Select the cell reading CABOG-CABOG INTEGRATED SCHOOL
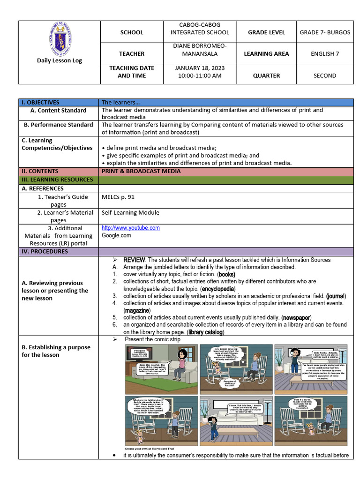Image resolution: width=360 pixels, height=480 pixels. [x=200, y=29]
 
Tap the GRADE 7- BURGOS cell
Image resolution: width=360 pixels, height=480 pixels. [x=324, y=32]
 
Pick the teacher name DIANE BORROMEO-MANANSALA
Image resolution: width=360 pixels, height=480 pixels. [x=200, y=50]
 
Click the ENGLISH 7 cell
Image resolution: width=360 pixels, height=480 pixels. [x=324, y=54]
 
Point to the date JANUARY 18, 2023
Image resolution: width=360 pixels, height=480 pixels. [x=200, y=68]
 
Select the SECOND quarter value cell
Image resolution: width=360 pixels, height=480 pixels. [x=324, y=75]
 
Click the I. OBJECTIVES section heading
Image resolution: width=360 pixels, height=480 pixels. [x=40, y=102]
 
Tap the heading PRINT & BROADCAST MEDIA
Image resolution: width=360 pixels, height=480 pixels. [x=141, y=171]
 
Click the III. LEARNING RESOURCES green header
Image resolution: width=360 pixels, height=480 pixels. [x=56, y=180]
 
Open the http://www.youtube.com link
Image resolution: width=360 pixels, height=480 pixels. [x=131, y=228]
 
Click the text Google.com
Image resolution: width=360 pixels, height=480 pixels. [x=116, y=235]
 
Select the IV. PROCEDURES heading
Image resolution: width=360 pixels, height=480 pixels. [x=45, y=251]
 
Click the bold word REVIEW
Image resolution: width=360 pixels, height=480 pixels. [x=135, y=260]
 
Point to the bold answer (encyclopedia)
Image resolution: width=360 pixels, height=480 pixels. [x=220, y=289]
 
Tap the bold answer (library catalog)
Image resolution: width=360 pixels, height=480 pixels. [x=206, y=332]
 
